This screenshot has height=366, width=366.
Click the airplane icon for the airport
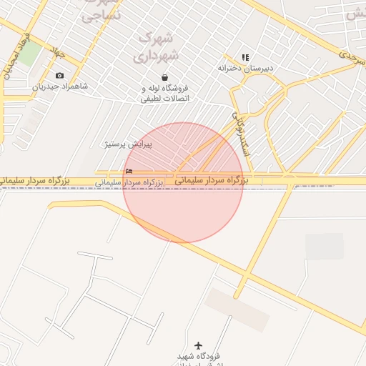tap(198, 345)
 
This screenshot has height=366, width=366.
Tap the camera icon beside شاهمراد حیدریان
tap(59, 76)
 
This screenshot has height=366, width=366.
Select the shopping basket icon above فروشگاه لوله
tap(165, 77)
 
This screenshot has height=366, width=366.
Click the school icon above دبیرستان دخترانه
tap(245, 57)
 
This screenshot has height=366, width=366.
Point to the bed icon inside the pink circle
tap(129, 171)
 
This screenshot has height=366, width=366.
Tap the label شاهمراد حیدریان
tap(59, 86)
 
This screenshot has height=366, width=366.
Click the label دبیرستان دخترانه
tap(246, 69)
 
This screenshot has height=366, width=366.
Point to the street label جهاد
tap(57, 51)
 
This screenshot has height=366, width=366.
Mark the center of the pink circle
tap(183, 182)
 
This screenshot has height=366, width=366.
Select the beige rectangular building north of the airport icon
tap(237, 309)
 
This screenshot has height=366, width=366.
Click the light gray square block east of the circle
tap(325, 246)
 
